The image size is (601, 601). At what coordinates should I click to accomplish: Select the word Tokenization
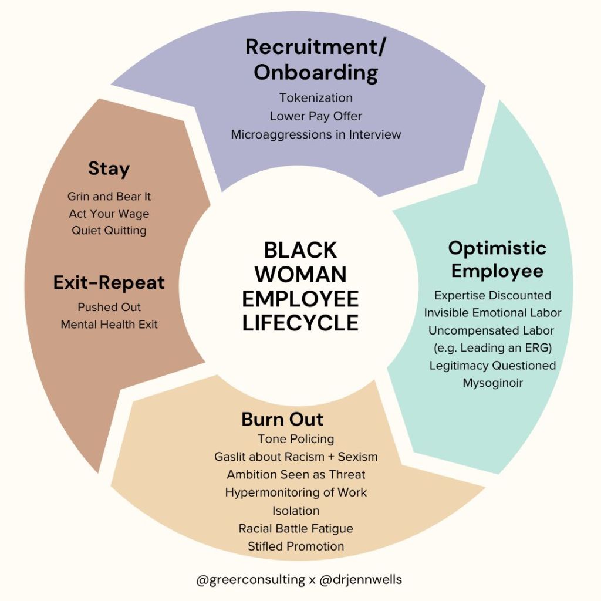click(x=316, y=97)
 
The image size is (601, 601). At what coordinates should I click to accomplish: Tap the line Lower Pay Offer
click(x=316, y=116)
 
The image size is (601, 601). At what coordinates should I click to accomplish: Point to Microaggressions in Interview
click(x=316, y=134)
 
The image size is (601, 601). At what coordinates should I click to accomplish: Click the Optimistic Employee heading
click(x=497, y=259)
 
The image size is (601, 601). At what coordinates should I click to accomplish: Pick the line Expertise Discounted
click(x=492, y=295)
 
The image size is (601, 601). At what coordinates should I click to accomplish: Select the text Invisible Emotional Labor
click(x=492, y=313)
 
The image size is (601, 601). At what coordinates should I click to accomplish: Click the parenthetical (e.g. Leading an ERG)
click(x=492, y=347)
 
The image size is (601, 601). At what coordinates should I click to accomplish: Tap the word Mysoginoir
click(x=492, y=383)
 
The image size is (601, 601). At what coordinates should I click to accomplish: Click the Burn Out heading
click(x=282, y=419)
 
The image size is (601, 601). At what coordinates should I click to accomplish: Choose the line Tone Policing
click(x=296, y=438)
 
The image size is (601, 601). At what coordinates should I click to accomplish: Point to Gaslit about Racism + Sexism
click(x=296, y=457)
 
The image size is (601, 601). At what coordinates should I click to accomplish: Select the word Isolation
click(x=296, y=511)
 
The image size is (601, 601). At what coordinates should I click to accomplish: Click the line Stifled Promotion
click(x=296, y=546)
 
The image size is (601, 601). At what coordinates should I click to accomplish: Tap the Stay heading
click(x=109, y=169)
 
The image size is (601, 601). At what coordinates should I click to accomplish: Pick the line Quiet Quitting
click(x=109, y=231)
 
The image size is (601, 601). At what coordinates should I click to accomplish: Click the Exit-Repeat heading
click(x=109, y=283)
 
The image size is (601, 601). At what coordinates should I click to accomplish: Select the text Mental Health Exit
click(x=109, y=324)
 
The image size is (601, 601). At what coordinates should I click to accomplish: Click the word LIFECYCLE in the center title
click(x=300, y=323)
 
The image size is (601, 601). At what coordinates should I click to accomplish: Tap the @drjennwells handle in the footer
click(x=360, y=580)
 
